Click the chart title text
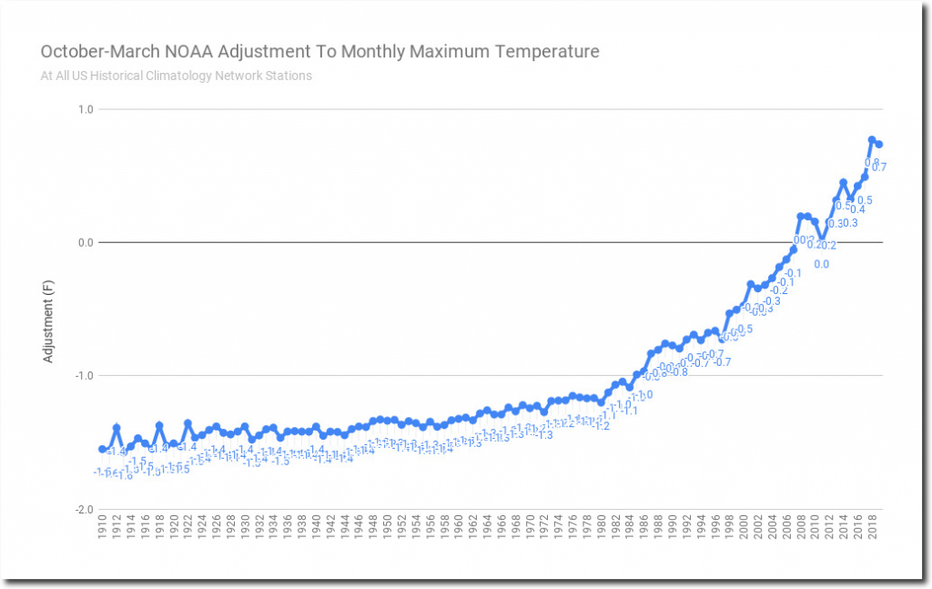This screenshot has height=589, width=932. (319, 51)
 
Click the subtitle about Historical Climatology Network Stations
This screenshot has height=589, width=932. (176, 76)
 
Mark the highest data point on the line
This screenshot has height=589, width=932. (872, 140)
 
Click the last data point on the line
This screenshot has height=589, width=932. (879, 144)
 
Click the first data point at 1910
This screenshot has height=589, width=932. (102, 449)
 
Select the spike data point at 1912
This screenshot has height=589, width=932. (116, 427)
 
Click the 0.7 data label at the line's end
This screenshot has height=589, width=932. (879, 168)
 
